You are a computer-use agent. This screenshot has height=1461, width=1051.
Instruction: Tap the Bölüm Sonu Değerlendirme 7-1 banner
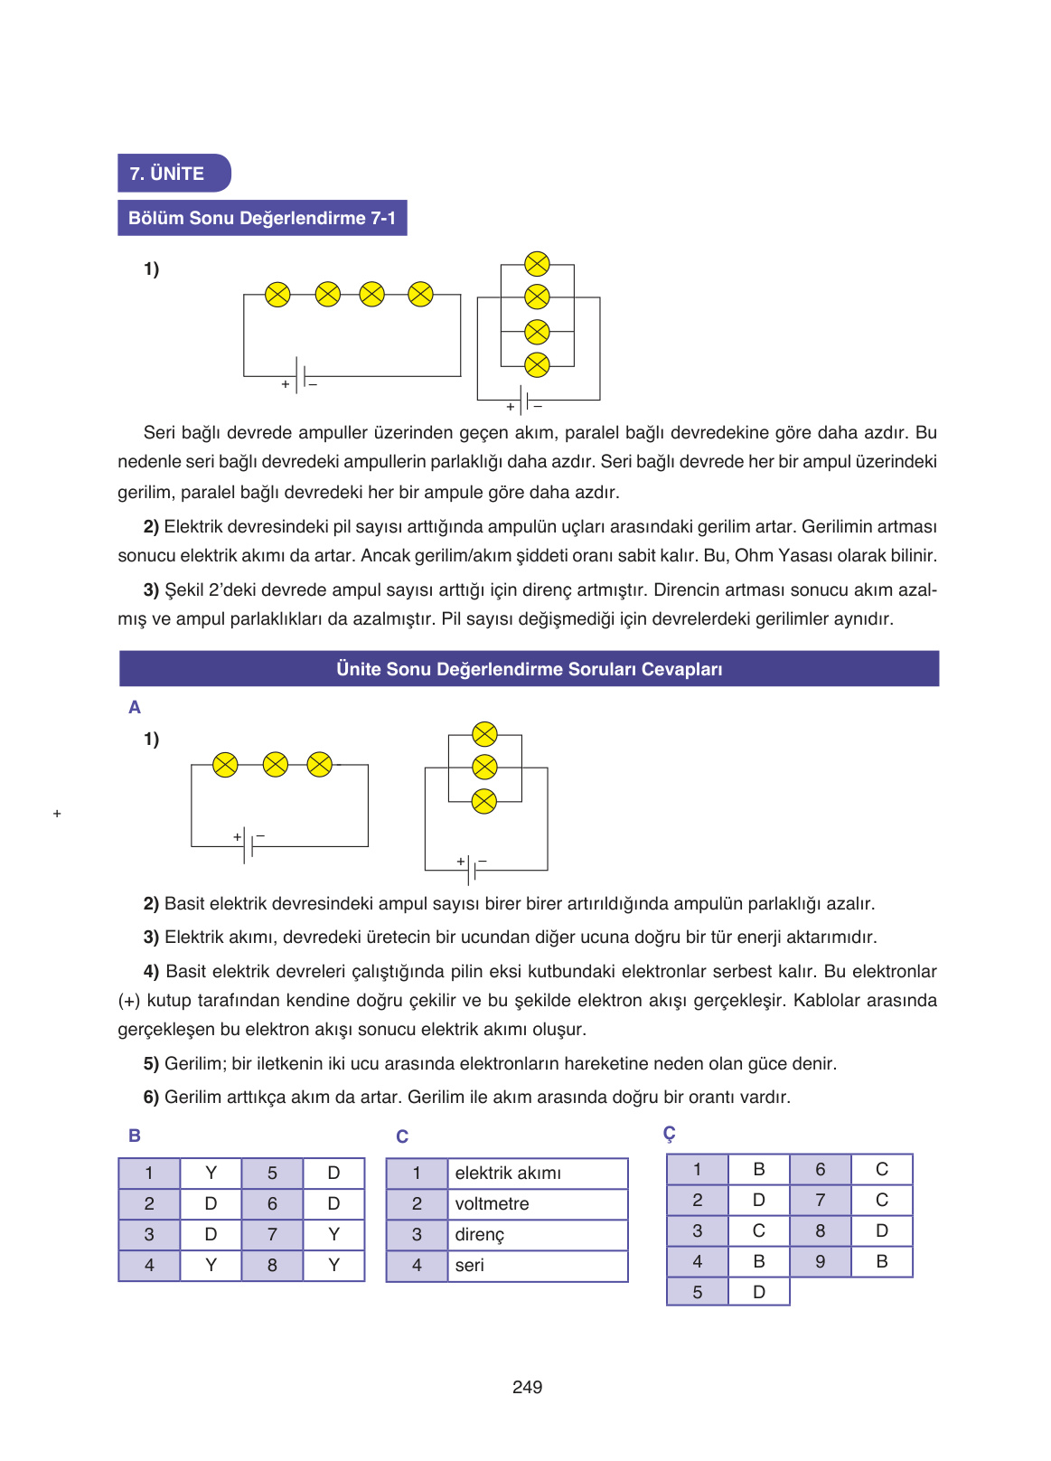pos(262,218)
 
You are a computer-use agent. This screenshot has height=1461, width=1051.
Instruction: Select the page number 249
pos(527,1387)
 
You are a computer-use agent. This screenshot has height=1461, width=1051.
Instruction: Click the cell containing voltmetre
pos(537,1203)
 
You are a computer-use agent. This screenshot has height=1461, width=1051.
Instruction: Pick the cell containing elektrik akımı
pos(537,1173)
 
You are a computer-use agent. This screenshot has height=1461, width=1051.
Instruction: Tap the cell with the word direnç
pos(537,1234)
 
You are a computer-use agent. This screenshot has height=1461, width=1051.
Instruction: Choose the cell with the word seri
pos(537,1265)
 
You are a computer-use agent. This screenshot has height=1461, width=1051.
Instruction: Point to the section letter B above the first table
pos(135,1136)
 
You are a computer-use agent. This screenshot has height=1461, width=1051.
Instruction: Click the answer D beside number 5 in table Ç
pos(759,1292)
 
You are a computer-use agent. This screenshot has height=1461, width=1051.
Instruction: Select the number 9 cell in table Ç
pos(821,1261)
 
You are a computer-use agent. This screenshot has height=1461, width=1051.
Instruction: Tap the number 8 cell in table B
pos(272,1265)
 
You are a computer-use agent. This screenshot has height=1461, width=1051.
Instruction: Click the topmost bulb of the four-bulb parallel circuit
pos(537,264)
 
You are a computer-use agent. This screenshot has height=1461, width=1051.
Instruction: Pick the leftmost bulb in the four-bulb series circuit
pos(277,294)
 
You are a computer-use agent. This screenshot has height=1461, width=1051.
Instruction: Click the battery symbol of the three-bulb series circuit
pos(248,844)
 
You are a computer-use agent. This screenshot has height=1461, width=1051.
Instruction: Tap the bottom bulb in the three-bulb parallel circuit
pos(484,801)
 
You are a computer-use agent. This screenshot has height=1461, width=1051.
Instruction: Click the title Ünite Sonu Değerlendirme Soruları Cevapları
pos(529,669)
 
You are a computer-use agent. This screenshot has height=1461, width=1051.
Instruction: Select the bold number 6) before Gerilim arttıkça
pos(151,1097)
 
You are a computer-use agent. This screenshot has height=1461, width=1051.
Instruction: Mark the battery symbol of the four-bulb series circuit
pos(299,375)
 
